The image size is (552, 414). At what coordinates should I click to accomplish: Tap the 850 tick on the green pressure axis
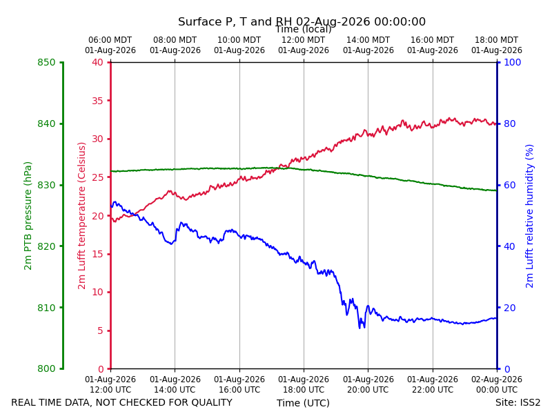[46, 62]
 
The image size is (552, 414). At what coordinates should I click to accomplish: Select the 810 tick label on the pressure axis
[46, 308]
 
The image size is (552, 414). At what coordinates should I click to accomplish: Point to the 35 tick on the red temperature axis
[98, 101]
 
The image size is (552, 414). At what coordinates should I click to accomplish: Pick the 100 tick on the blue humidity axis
[513, 62]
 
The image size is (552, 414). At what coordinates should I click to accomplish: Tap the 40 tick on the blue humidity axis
[510, 246]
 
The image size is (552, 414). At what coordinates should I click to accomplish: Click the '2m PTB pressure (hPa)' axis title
[28, 216]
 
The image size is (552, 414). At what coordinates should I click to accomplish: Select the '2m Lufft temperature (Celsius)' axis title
[81, 216]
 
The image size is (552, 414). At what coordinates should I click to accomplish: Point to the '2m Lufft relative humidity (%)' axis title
[529, 216]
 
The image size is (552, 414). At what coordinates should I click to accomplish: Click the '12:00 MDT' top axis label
[304, 40]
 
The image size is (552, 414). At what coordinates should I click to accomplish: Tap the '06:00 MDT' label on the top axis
[110, 40]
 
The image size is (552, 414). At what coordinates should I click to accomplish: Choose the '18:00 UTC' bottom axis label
[304, 390]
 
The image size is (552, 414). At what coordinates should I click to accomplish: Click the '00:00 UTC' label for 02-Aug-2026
[497, 390]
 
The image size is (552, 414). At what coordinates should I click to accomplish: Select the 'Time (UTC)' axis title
[303, 403]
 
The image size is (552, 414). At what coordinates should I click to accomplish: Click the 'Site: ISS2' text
[517, 402]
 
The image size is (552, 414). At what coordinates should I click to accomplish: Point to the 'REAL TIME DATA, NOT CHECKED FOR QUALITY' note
[122, 402]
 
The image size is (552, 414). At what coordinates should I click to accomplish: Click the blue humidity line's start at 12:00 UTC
[111, 206]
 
